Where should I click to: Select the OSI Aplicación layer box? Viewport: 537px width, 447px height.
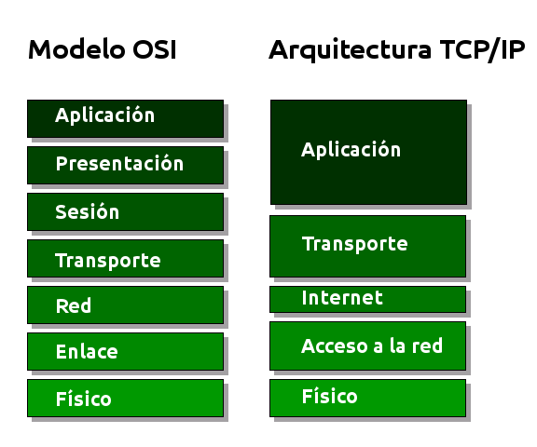click(125, 118)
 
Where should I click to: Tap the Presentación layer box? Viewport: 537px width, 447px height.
click(125, 165)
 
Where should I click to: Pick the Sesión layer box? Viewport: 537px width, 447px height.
click(125, 212)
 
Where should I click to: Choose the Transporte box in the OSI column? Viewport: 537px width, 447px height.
click(125, 259)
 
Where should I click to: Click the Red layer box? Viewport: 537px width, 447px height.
click(125, 305)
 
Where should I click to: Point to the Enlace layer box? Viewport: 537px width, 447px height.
click(125, 352)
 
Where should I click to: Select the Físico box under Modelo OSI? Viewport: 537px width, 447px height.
click(125, 399)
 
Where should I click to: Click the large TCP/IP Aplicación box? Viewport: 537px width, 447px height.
click(368, 152)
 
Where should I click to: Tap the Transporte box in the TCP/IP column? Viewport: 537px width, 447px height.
click(367, 246)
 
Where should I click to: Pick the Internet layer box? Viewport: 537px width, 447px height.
click(367, 299)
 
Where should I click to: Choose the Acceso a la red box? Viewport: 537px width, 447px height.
click(367, 346)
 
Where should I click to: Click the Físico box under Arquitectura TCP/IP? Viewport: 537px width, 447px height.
click(367, 398)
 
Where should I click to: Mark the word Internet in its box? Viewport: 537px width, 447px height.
click(342, 298)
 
